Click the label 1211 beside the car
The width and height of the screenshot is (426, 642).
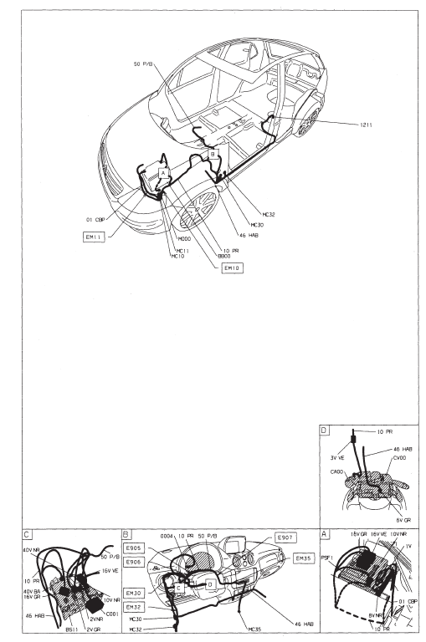point(366,125)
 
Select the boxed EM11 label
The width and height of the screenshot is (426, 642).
point(94,237)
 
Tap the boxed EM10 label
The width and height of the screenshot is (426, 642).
point(232,268)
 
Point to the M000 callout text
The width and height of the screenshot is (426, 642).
point(184,239)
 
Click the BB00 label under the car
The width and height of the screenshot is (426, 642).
point(223,256)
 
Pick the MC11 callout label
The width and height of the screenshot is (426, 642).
point(182,251)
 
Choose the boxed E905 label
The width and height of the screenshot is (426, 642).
point(134,548)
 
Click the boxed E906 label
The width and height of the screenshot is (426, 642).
point(134,563)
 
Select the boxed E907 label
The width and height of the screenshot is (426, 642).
point(285,538)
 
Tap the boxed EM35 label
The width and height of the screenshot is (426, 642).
point(304,558)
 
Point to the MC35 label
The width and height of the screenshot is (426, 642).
point(254,629)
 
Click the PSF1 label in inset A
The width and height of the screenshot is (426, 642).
point(327,558)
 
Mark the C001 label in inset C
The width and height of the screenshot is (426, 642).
point(112,614)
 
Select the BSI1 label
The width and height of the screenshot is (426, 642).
point(72,629)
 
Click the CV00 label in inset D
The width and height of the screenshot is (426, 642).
point(399,458)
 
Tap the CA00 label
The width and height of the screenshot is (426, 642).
point(336,471)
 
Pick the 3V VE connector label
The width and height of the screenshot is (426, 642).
point(337,458)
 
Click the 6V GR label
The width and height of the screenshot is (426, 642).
point(403,520)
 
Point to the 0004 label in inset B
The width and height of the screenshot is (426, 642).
point(167,536)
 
